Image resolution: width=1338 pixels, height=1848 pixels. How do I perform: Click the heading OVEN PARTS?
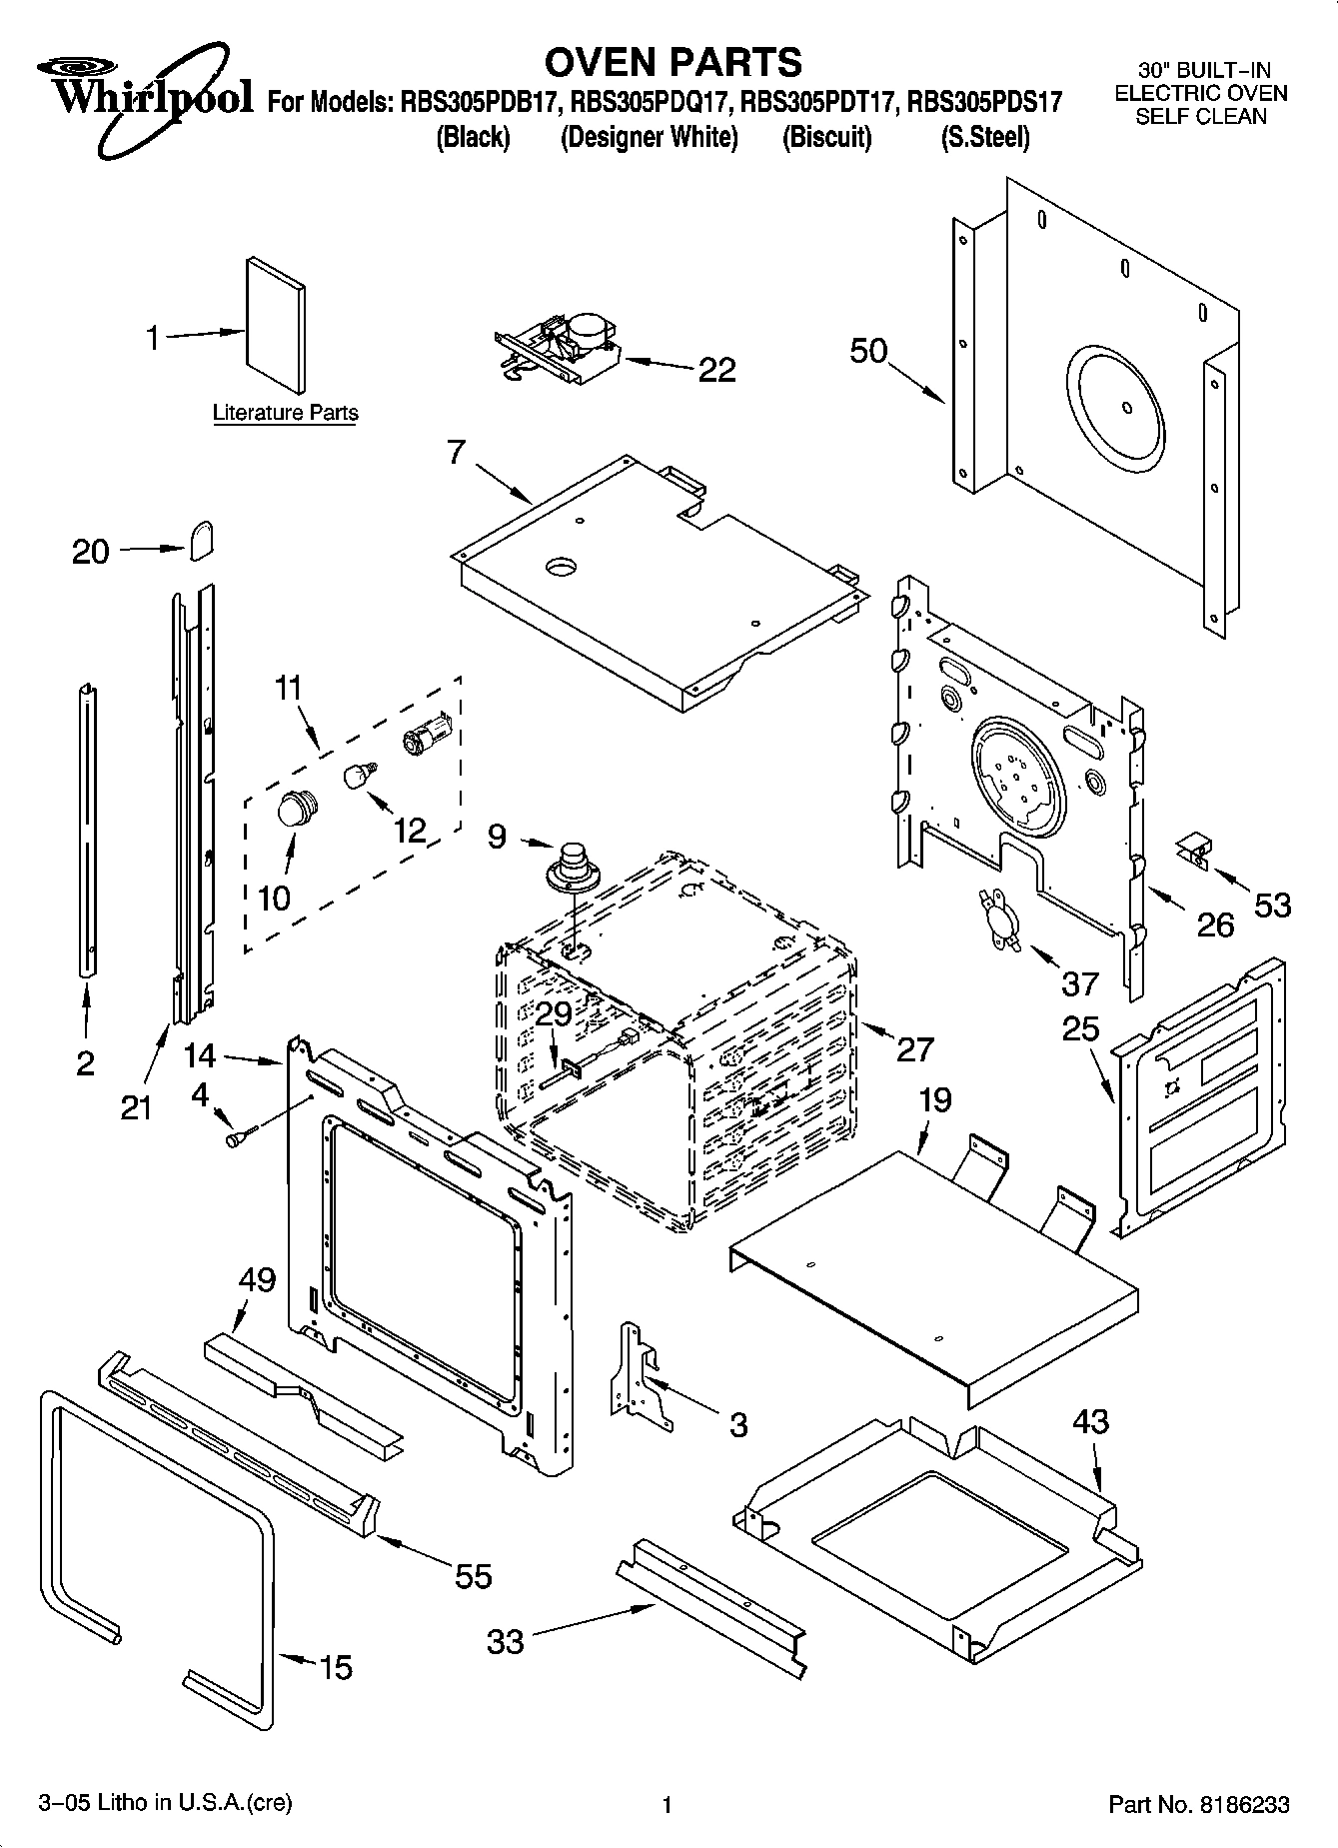coord(672,62)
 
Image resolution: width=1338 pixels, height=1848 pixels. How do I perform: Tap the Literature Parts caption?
coord(285,413)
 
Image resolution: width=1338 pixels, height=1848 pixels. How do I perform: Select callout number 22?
coord(716,370)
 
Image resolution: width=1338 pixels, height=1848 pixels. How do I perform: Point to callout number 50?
coord(868,351)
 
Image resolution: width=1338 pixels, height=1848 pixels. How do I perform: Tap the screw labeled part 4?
coord(241,1136)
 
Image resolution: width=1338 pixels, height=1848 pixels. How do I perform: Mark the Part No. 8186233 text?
coord(1199,1804)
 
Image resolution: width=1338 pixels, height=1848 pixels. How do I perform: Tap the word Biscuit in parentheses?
coord(826,137)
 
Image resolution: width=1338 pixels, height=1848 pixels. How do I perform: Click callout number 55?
coord(473,1575)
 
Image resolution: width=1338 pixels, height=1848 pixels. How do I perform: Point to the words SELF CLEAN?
coord(1201,117)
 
